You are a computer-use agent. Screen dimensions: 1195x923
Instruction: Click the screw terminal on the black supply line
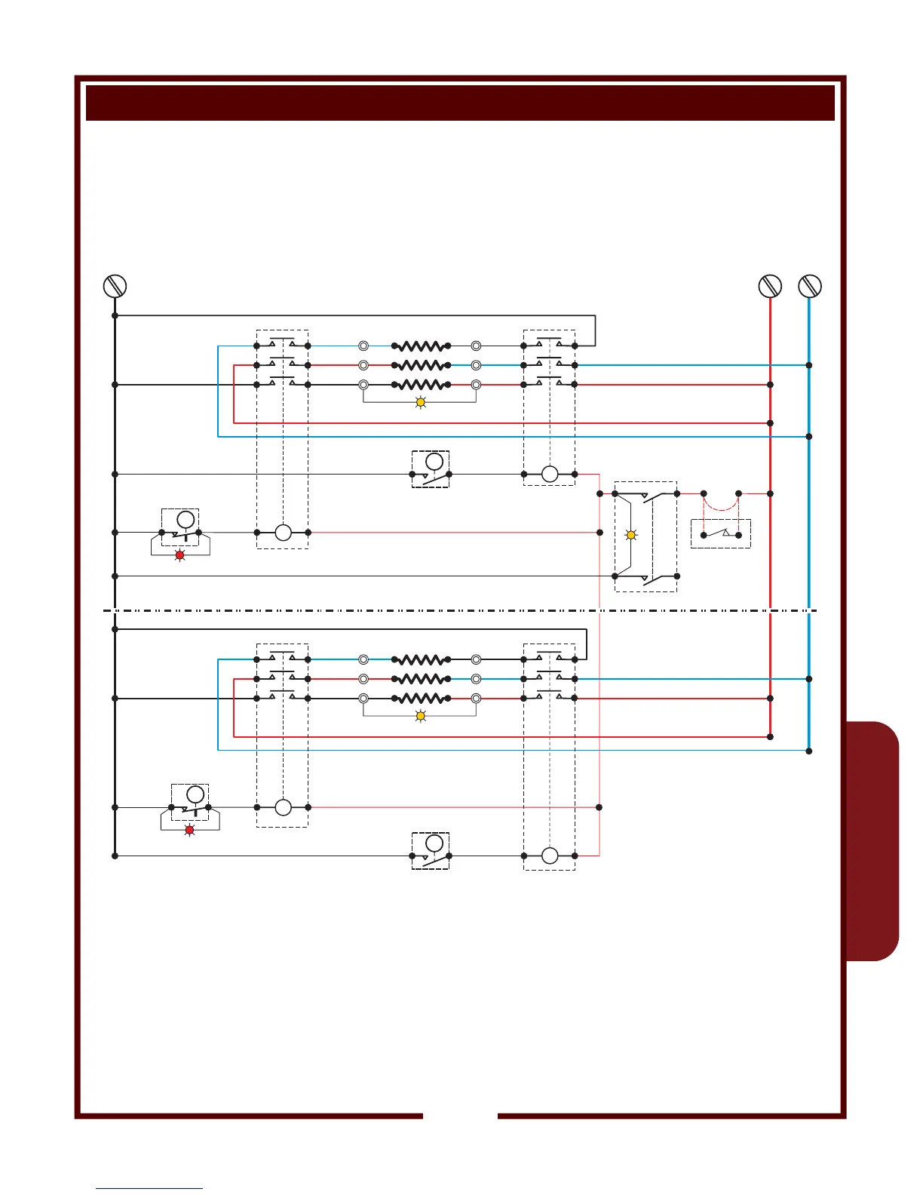click(115, 286)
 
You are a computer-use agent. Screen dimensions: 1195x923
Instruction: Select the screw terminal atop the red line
click(770, 286)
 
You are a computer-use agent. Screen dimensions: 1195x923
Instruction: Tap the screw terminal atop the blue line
click(809, 286)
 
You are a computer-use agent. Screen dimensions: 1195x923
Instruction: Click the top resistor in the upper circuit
click(421, 346)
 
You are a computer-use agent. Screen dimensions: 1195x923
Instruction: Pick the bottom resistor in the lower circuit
click(421, 699)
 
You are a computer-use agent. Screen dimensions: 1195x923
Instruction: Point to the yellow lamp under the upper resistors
click(421, 403)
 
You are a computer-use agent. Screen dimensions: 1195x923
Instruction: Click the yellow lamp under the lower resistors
click(421, 716)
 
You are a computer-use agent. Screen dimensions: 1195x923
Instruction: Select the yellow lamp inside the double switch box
click(631, 535)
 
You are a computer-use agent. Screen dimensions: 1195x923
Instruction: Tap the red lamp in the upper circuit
click(179, 555)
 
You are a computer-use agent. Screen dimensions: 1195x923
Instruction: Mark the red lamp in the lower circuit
click(189, 831)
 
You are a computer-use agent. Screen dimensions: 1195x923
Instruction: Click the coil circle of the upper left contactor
click(283, 533)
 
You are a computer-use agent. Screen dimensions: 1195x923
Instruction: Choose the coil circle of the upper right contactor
click(550, 474)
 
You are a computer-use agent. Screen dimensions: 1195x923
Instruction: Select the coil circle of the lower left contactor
click(283, 807)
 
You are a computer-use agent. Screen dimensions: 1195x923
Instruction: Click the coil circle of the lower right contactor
click(550, 856)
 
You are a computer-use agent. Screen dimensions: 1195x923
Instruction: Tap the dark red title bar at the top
click(460, 103)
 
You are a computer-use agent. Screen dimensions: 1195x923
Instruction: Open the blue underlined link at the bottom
click(149, 1188)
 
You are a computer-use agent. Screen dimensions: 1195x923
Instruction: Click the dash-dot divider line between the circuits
click(460, 610)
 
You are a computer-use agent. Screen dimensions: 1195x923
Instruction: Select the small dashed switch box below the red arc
click(721, 534)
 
